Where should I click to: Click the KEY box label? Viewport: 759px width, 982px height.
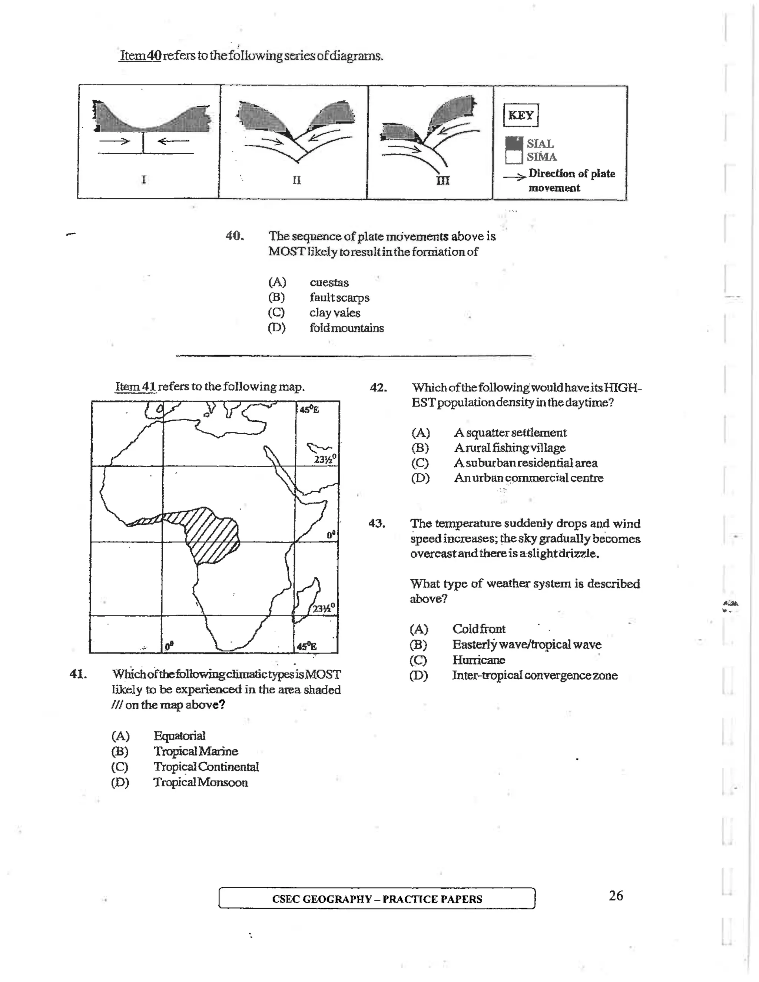521,115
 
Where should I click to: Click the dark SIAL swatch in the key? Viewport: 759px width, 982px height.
514,143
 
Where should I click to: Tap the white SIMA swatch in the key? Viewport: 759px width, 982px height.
514,157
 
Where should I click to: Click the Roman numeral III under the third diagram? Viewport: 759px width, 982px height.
443,181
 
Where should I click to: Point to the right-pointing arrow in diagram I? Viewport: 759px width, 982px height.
114,141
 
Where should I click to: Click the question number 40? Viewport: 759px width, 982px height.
234,236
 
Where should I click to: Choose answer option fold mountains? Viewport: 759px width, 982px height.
346,328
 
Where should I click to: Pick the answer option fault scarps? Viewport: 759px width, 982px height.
339,298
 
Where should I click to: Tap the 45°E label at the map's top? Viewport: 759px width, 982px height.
309,409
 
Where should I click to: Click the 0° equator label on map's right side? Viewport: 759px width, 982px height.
331,535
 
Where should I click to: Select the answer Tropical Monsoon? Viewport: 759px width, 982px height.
200,782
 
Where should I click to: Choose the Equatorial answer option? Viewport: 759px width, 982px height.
179,736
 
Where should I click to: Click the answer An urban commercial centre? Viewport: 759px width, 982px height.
528,478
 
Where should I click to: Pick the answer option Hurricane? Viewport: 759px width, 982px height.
478,660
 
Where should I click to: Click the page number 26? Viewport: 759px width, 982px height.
616,896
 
